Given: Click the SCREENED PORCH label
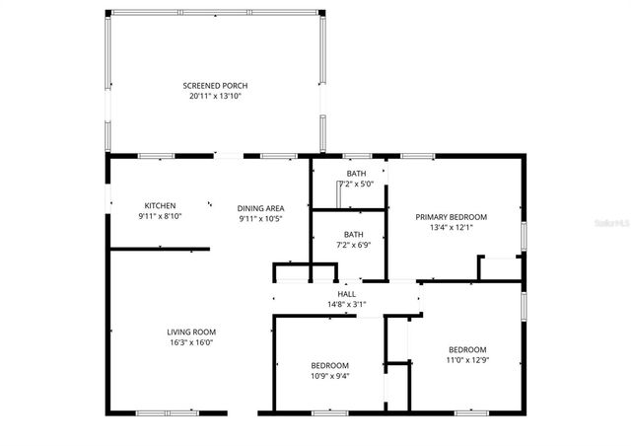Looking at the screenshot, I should click(x=215, y=86).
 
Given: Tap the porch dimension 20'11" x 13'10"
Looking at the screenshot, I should click(x=215, y=97).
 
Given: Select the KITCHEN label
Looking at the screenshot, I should click(x=160, y=205).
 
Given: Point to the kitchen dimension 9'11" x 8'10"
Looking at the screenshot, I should click(x=160, y=216).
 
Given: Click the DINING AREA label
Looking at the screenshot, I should click(x=261, y=208).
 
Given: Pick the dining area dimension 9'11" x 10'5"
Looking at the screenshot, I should click(x=261, y=219).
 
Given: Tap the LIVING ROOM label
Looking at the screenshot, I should click(x=191, y=332).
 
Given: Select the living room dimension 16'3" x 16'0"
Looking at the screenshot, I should click(x=191, y=342).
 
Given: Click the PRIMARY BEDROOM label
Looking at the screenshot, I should click(x=452, y=217).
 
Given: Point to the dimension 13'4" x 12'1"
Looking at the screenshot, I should click(x=452, y=228).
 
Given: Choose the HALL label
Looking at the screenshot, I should click(x=347, y=294).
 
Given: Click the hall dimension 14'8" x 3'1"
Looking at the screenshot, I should click(x=347, y=305).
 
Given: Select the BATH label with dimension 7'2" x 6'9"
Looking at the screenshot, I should click(x=353, y=234).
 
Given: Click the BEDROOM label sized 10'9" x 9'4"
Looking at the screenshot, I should click(x=330, y=364).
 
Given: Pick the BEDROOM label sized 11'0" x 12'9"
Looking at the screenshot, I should click(x=467, y=349).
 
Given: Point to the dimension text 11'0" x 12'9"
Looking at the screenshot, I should click(x=467, y=360).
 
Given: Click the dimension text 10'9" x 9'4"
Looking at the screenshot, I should click(x=330, y=375).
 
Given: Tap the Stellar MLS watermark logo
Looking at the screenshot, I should click(x=602, y=224).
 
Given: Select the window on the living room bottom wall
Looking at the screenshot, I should click(x=165, y=412).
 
